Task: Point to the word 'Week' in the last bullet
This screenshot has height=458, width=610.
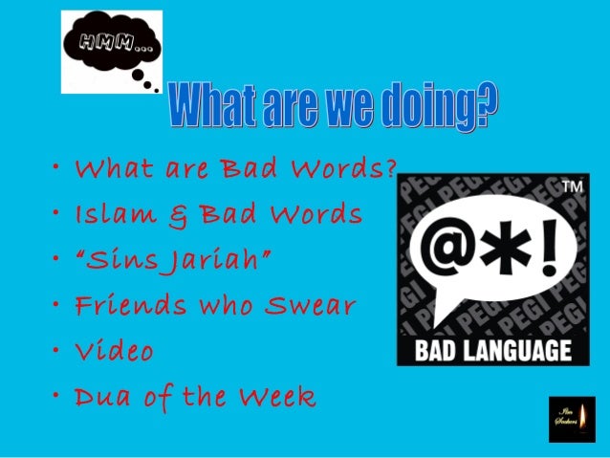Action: pyautogui.click(x=277, y=396)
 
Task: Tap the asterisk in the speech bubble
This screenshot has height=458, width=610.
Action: pyautogui.click(x=505, y=256)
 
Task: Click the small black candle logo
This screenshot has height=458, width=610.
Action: pyautogui.click(x=572, y=419)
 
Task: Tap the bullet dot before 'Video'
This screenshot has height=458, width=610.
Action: pyautogui.click(x=59, y=351)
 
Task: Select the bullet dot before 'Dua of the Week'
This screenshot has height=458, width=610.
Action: pyautogui.click(x=59, y=395)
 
